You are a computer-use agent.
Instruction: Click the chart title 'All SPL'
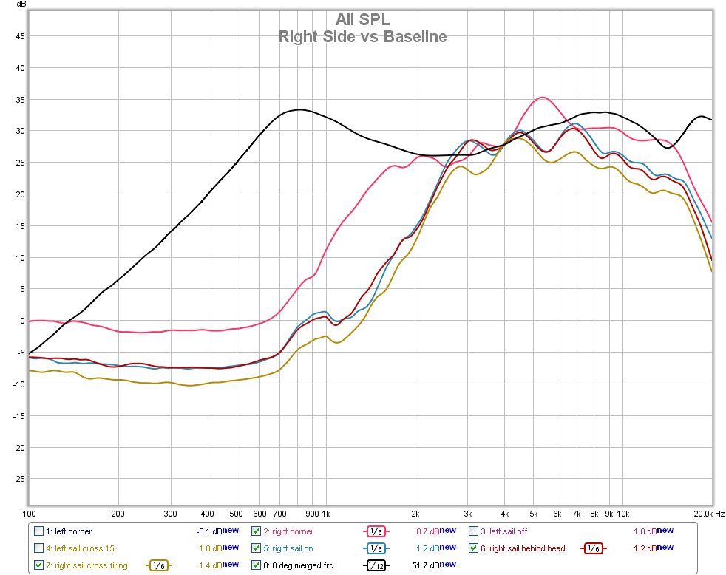click(362, 19)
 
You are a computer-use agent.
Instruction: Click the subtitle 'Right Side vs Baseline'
click(362, 36)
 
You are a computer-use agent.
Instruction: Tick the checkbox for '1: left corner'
click(38, 531)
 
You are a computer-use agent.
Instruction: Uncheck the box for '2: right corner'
click(256, 531)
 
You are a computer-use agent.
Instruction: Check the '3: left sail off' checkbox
click(473, 531)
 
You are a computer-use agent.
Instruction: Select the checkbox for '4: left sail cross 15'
click(38, 548)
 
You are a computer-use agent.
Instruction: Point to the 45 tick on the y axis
click(20, 36)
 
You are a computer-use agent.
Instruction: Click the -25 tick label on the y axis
click(18, 479)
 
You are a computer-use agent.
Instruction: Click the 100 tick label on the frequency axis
click(30, 513)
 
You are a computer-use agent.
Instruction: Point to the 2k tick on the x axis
click(415, 513)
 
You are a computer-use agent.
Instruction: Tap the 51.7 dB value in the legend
click(422, 565)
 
